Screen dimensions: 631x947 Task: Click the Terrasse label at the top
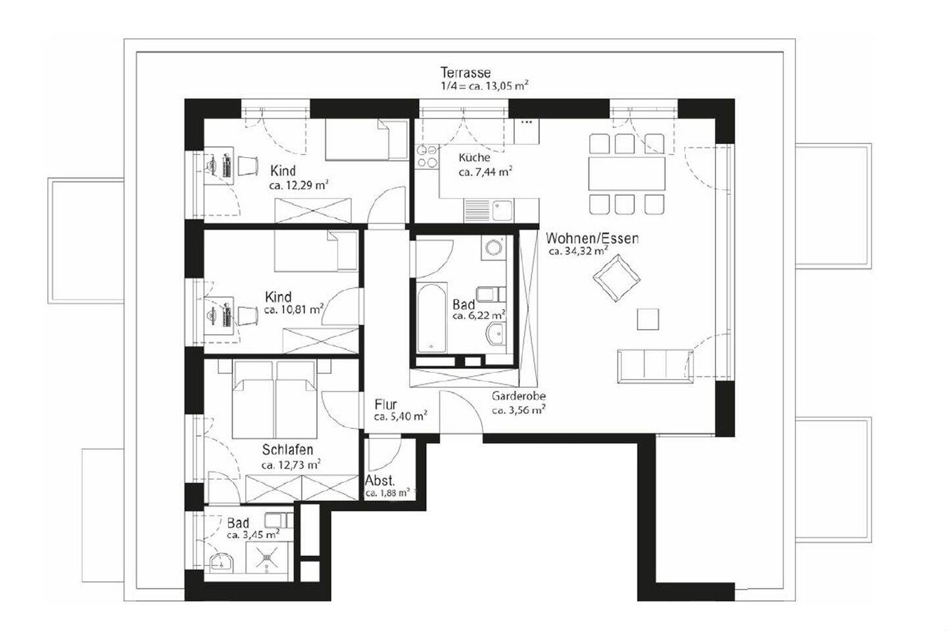[x=466, y=72]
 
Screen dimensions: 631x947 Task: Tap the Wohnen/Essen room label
[x=592, y=238]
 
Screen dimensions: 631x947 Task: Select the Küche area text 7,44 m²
[x=485, y=172]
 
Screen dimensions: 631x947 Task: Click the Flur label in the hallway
[x=385, y=405]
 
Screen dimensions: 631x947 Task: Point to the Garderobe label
[x=518, y=396]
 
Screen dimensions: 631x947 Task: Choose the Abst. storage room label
[x=379, y=481]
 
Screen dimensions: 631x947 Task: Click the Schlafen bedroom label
[x=287, y=450]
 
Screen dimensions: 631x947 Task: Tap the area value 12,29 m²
[x=299, y=186]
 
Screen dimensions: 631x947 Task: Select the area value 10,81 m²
[x=293, y=309]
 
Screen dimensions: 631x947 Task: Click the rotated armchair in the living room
[x=616, y=277]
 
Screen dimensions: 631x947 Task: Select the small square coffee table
[x=648, y=320]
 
